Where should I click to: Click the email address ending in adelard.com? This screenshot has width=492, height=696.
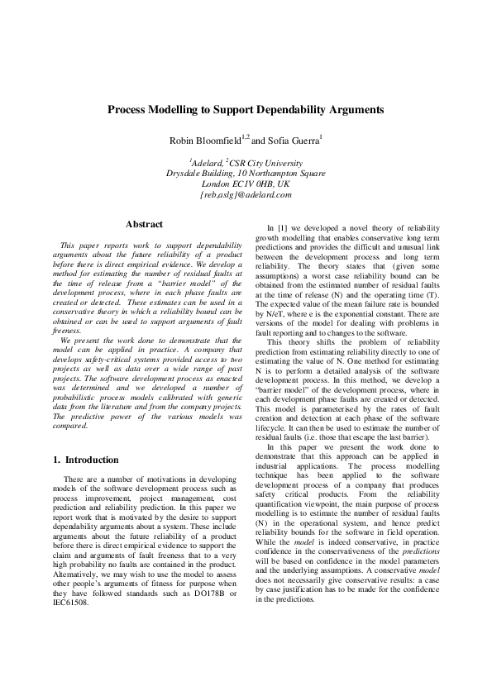[x=246, y=195]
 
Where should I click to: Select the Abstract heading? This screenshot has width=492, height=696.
[x=143, y=224]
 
